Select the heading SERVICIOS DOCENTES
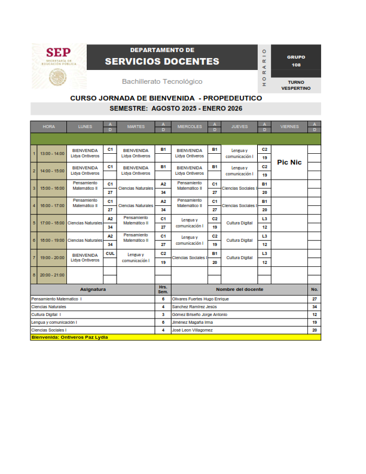tap(162, 61)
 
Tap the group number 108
tap(296, 65)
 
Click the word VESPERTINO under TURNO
tap(295, 88)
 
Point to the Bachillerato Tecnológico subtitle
tap(162, 81)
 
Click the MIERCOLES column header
tap(190, 127)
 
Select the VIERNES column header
tap(289, 127)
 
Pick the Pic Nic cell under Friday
tap(289, 162)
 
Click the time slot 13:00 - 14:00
tap(52, 154)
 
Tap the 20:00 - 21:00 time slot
tap(52, 275)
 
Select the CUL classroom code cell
tap(110, 253)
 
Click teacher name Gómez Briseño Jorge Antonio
tap(200, 314)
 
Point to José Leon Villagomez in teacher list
tap(192, 330)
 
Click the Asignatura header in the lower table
tap(93, 289)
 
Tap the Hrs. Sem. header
tap(163, 289)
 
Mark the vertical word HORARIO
tap(264, 68)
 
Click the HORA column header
tap(49, 127)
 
